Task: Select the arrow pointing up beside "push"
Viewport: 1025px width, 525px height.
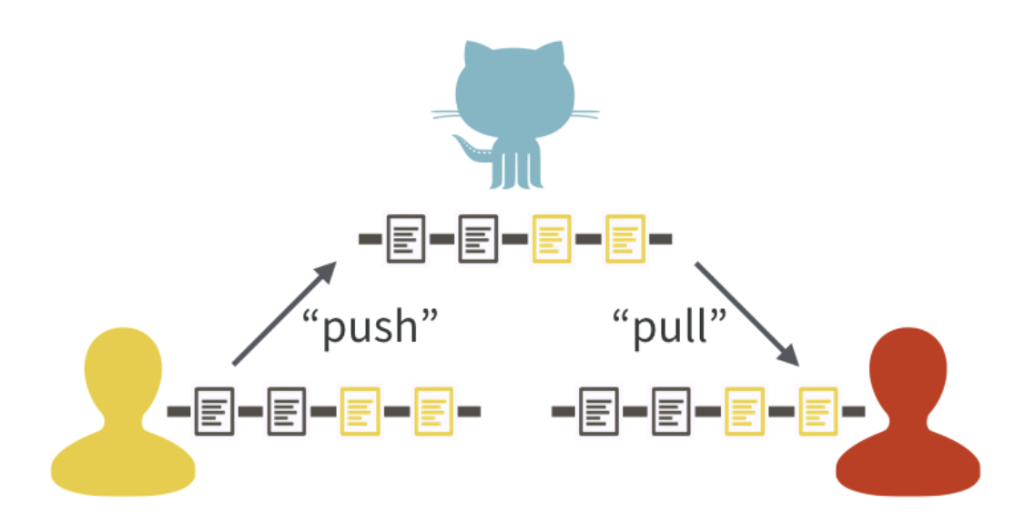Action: (x=283, y=314)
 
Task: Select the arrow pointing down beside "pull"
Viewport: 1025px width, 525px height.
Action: (x=746, y=314)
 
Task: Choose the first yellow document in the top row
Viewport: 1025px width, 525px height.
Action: (x=552, y=238)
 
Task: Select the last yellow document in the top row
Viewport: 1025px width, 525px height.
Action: (x=625, y=238)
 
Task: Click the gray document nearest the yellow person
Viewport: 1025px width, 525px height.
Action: (x=214, y=411)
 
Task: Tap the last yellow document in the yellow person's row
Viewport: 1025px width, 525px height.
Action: (x=433, y=411)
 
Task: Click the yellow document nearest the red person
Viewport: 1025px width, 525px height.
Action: (x=817, y=411)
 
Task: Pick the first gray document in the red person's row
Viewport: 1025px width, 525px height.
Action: (x=598, y=411)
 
